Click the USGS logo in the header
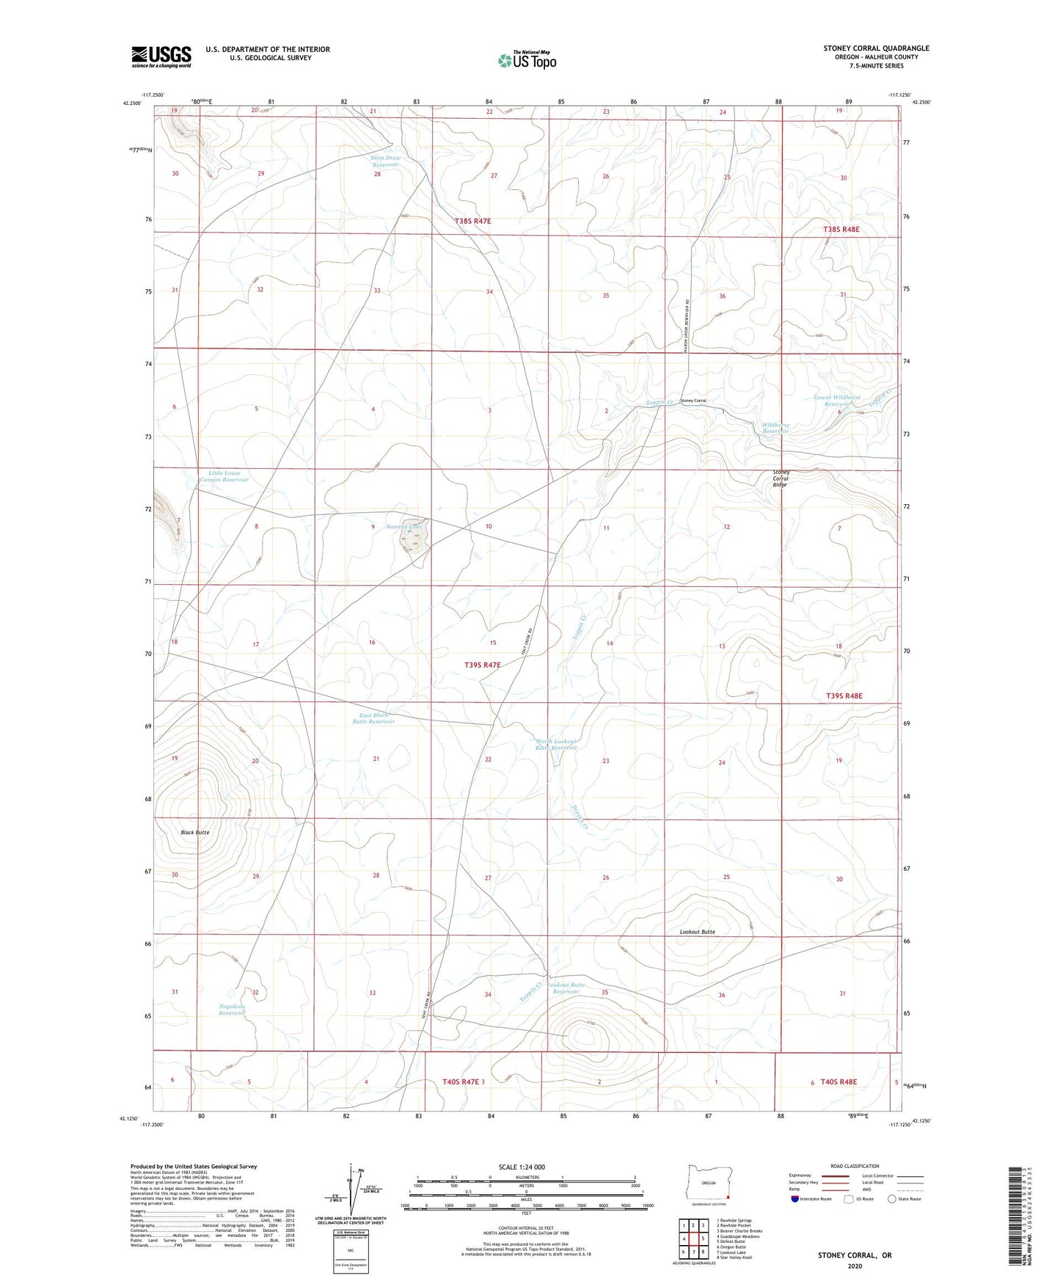pos(161,56)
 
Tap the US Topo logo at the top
pos(526,60)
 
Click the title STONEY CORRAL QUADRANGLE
pos(876,48)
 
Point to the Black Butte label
pos(195,832)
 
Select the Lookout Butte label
pos(697,932)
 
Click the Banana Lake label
pos(405,526)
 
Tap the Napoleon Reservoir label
pos(232,1010)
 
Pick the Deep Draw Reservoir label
pos(385,161)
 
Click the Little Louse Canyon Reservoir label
pos(224,476)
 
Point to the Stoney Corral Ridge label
pos(780,478)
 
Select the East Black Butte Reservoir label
pos(373,718)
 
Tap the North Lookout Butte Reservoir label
pos(557,744)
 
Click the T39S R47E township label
pos(482,665)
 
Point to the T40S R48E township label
pos(838,1081)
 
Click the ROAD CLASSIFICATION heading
pos(855,1166)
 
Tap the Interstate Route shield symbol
pos(795,1199)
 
